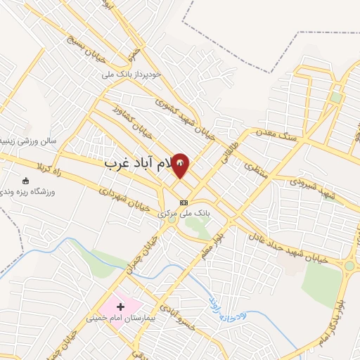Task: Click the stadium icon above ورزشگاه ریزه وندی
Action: coord(27,181)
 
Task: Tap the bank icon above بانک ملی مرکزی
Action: coord(184,202)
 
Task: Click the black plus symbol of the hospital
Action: coord(121,307)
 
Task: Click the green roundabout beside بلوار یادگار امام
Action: coord(349,266)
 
